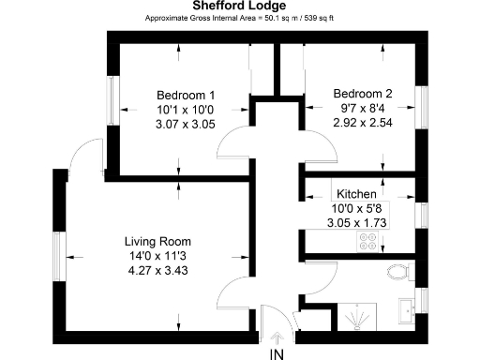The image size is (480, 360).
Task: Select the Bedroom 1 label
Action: pos(186,96)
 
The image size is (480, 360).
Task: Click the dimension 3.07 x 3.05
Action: pos(186,124)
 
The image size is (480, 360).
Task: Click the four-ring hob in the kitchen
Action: pos(367,243)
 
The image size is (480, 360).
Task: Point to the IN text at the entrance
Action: pos(277,353)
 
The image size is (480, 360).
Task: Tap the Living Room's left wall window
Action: pos(59,254)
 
